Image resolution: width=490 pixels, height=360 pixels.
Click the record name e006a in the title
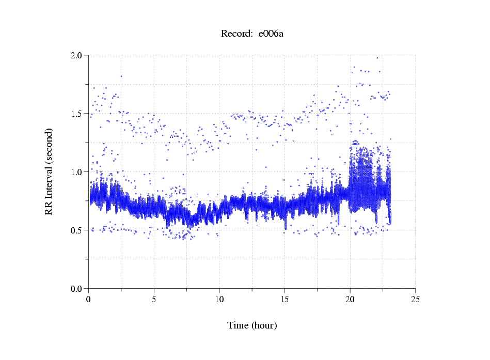click(x=271, y=34)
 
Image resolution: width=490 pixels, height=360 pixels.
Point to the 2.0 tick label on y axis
click(x=77, y=55)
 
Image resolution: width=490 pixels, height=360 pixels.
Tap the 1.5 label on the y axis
click(x=77, y=114)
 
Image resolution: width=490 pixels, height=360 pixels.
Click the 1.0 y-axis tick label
click(x=77, y=172)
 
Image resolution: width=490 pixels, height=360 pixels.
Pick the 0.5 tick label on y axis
click(x=77, y=230)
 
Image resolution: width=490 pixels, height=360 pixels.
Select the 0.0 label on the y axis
click(x=77, y=289)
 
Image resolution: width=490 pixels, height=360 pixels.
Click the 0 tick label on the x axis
click(x=89, y=299)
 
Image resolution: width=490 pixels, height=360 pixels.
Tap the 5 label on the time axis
click(x=154, y=299)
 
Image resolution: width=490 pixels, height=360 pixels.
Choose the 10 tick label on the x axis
click(x=219, y=299)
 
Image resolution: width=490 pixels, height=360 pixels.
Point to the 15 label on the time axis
click(x=284, y=299)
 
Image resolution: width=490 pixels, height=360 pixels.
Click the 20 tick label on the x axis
click(x=350, y=299)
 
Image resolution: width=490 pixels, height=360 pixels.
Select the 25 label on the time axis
click(x=415, y=299)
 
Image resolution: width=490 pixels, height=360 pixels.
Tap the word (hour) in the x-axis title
click(x=264, y=326)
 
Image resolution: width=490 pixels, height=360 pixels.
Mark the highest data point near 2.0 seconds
click(x=377, y=58)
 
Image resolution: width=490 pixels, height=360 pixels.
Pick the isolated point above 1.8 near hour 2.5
click(x=121, y=76)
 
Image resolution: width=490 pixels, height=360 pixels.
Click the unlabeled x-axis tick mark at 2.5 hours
click(x=121, y=290)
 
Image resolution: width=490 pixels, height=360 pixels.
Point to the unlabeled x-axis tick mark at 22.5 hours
click(x=383, y=290)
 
